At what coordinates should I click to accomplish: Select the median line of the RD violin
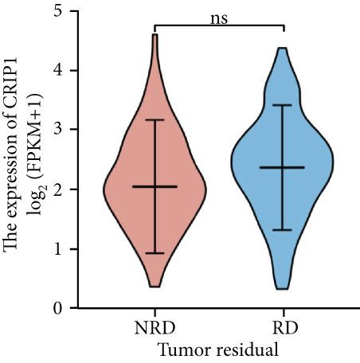(x=284, y=167)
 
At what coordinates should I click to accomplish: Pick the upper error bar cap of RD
(x=284, y=105)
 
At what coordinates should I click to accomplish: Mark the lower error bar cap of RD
(x=284, y=230)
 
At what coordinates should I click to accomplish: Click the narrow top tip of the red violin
(x=155, y=37)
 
